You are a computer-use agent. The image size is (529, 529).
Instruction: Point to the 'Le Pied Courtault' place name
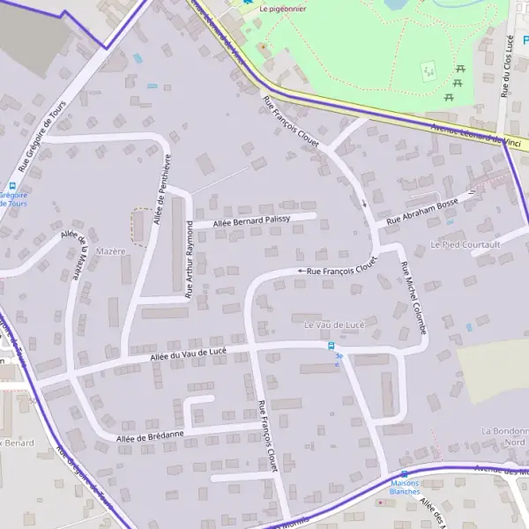(465, 243)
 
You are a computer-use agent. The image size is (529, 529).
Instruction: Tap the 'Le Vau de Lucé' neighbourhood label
(333, 324)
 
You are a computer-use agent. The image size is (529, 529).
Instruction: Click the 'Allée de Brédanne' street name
(150, 435)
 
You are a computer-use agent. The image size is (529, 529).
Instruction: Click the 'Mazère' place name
(112, 251)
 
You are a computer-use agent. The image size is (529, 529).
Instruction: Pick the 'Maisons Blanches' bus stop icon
(404, 473)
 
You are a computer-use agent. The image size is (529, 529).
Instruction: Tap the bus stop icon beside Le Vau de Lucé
(332, 346)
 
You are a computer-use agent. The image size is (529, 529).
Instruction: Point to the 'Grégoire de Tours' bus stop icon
(11, 185)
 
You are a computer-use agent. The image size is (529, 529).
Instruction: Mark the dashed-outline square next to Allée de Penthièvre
(140, 226)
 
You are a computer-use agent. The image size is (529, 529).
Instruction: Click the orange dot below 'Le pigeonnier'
(261, 46)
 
